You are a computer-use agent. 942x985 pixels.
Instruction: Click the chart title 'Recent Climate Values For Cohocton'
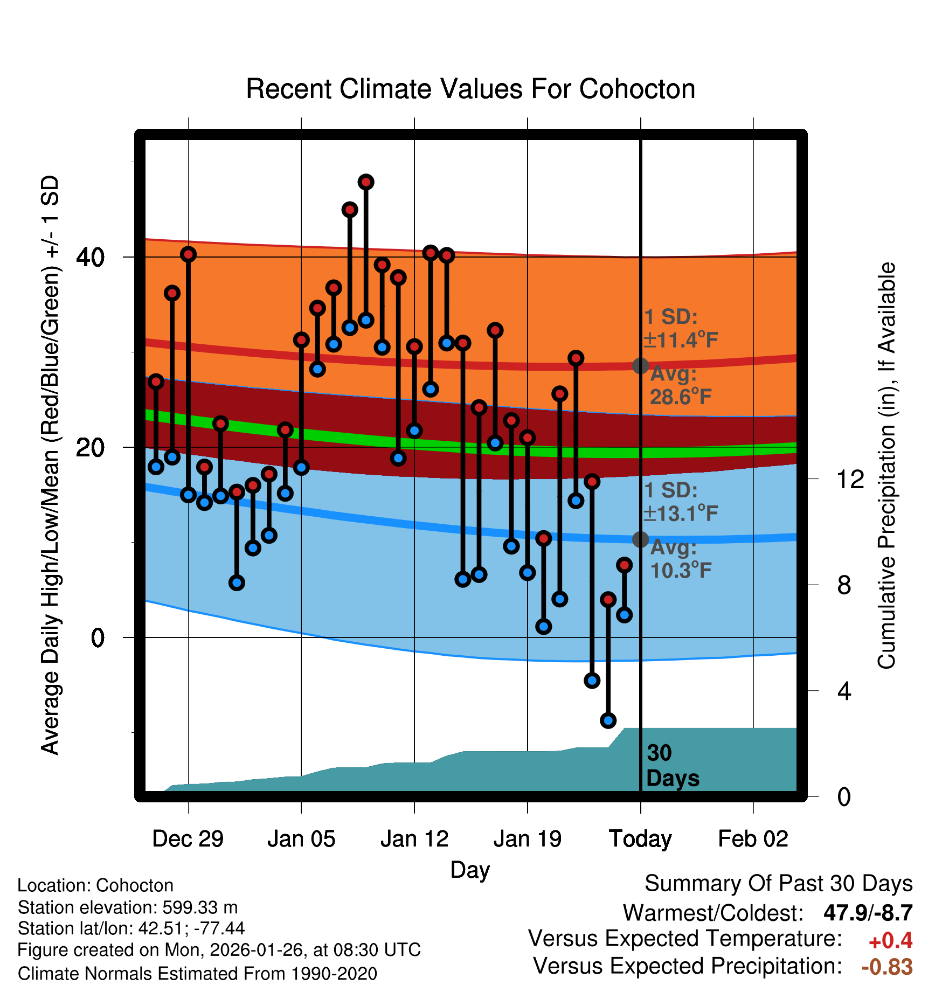pos(470,89)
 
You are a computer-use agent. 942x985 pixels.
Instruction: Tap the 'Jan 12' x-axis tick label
pos(414,839)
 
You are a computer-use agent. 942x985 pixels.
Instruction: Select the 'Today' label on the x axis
pos(640,839)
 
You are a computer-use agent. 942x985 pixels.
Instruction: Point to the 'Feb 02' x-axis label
pos(753,839)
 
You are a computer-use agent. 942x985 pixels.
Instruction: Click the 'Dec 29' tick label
pos(188,839)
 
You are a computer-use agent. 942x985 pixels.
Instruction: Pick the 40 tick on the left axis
pos(90,258)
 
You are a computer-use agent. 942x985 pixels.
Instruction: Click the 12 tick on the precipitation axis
pos(850,479)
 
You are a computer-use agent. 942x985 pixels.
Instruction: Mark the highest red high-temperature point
pos(366,182)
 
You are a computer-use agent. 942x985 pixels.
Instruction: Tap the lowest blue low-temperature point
pos(608,720)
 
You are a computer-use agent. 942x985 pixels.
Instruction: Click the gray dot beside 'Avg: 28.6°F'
pos(640,366)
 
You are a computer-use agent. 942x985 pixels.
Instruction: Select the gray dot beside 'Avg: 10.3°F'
pos(640,539)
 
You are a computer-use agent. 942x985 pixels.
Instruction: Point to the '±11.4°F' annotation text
pos(681,340)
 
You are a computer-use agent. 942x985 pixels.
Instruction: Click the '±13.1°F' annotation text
pos(681,514)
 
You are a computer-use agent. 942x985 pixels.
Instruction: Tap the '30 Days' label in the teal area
pos(672,766)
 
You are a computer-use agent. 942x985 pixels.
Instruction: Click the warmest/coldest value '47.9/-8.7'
pos(868,913)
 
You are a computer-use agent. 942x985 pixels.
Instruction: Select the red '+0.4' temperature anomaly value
pos(890,941)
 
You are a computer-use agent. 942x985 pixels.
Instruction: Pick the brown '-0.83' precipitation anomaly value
pos(887,967)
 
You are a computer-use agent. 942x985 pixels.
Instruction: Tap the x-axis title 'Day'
pos(470,870)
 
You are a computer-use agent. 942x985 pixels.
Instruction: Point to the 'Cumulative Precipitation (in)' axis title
pos(886,466)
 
